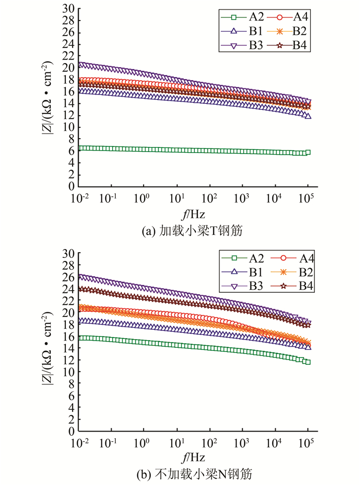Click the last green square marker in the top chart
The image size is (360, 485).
(308, 152)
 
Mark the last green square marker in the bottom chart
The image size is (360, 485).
(308, 362)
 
